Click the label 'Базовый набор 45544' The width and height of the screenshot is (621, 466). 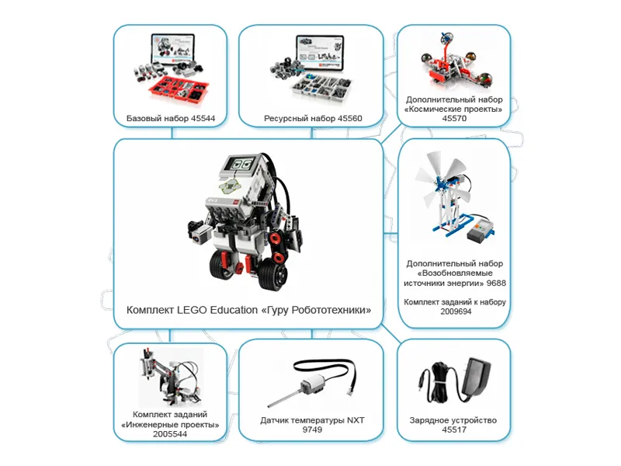170,119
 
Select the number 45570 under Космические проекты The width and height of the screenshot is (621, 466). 454,120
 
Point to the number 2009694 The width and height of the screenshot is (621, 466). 454,311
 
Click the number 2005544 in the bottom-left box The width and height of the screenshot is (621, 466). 170,434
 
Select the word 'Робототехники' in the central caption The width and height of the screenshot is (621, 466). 326,310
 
